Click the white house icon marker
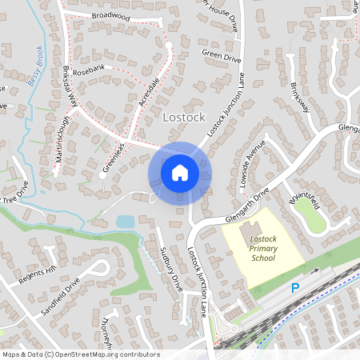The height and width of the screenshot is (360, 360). coord(180,171)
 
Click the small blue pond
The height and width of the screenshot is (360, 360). coord(126,221)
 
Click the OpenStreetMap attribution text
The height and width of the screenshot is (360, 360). coord(80,354)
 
